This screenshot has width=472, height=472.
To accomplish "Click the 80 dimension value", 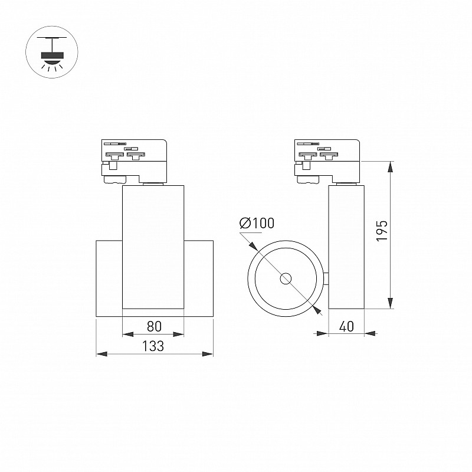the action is click(154, 326).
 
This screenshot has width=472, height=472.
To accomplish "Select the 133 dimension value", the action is click(153, 346).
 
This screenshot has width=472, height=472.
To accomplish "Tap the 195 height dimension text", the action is click(382, 231).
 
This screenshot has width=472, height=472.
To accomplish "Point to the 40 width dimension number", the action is click(346, 326).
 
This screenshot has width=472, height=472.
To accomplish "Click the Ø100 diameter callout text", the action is click(257, 223).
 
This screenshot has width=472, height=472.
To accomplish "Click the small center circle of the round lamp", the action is click(286, 278).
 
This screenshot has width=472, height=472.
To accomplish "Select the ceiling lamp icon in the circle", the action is click(52, 52).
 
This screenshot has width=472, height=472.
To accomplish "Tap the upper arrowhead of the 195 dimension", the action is click(390, 167).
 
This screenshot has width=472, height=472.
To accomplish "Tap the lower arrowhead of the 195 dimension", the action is click(390, 303).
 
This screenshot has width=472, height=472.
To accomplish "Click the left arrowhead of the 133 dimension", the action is click(101, 353).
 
